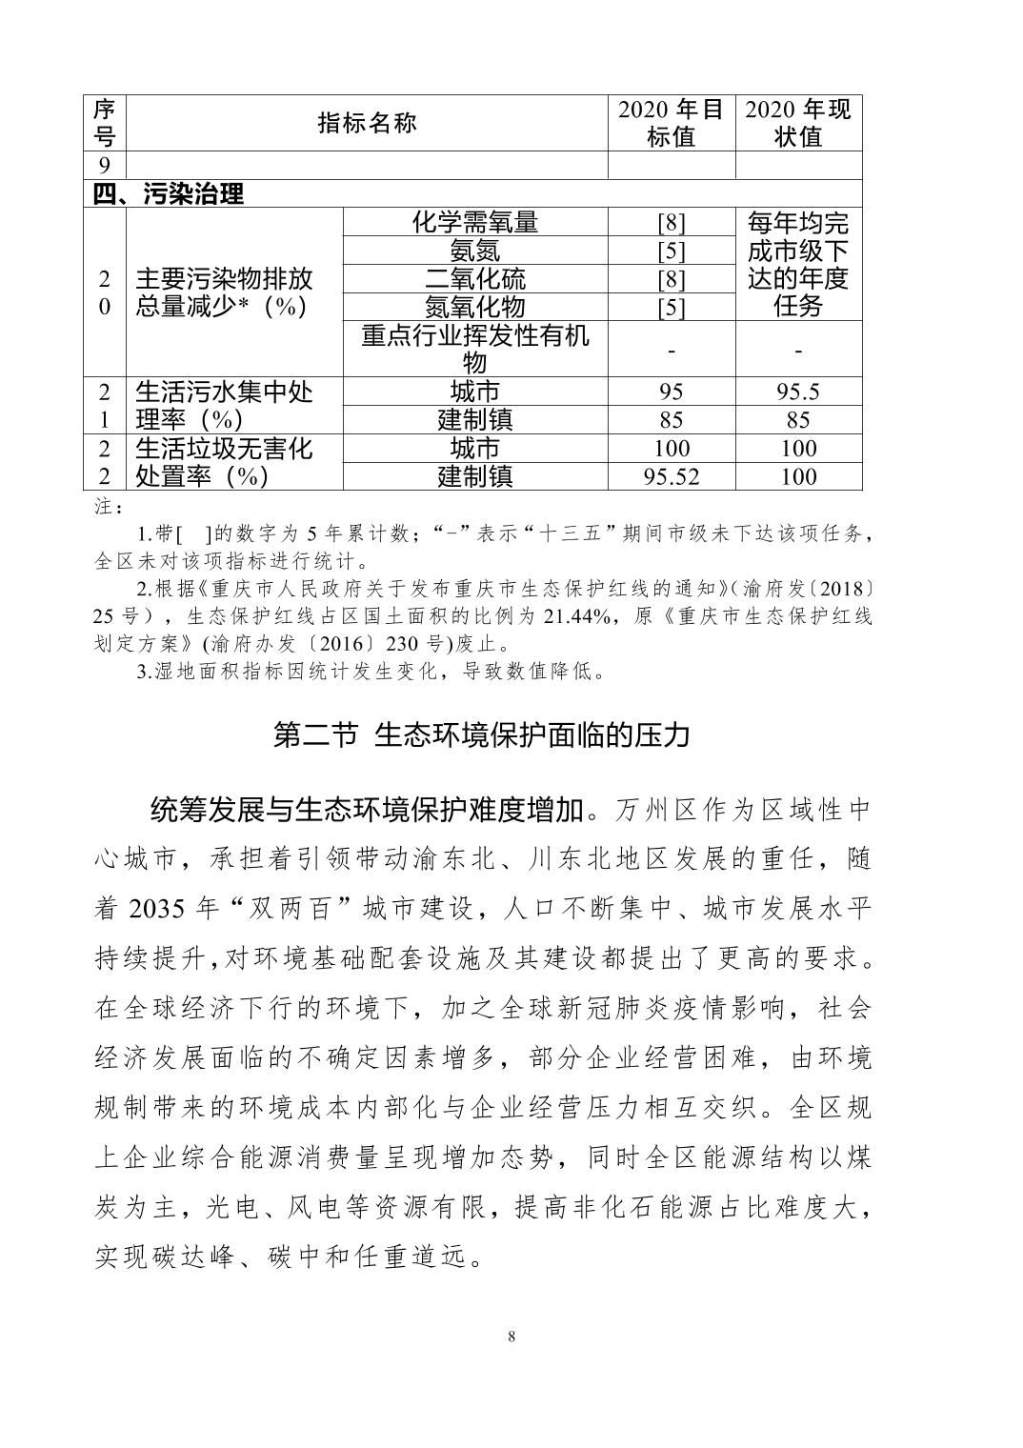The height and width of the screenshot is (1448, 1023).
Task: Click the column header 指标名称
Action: (x=367, y=124)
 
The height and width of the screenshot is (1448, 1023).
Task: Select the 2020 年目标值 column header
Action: (x=672, y=124)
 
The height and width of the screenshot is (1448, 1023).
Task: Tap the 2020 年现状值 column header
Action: (x=798, y=124)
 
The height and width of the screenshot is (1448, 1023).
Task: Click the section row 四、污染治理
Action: (x=169, y=194)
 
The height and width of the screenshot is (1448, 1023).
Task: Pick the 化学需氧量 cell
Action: (x=474, y=223)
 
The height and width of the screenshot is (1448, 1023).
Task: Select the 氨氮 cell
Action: (x=474, y=251)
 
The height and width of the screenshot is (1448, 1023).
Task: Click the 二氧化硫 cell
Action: (x=474, y=279)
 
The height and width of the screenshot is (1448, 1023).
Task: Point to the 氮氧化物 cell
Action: (x=474, y=307)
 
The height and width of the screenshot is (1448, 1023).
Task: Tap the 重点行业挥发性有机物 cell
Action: (x=474, y=349)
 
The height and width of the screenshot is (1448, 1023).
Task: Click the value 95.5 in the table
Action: (x=798, y=392)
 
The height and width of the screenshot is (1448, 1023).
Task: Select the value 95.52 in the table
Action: (x=672, y=476)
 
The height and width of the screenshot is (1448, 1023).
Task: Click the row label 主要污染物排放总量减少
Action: (x=224, y=292)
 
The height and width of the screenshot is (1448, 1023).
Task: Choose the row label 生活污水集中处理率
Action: (x=224, y=406)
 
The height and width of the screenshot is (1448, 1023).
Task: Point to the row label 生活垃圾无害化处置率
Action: (x=224, y=462)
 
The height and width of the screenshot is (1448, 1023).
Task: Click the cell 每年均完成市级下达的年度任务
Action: (x=798, y=265)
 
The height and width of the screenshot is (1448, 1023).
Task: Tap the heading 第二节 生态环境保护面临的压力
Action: (x=481, y=734)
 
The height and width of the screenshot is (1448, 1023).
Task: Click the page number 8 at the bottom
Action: (x=511, y=1337)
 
